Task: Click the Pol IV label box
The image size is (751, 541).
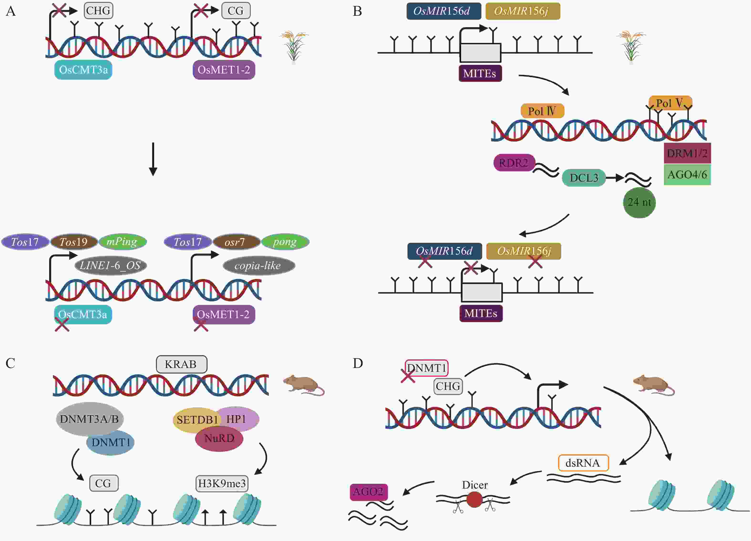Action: coord(542,111)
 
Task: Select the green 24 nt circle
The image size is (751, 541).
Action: coord(639,202)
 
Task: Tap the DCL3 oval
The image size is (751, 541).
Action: coord(584,178)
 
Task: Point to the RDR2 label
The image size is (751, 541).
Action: coord(514,163)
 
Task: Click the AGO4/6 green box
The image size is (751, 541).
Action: coord(687,174)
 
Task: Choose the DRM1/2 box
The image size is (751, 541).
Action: coord(687,153)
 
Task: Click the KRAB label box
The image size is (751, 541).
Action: coord(181,364)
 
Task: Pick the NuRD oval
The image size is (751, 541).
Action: coord(219,439)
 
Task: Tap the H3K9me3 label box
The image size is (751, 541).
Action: coord(222,483)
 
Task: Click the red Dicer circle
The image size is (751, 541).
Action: coord(474,499)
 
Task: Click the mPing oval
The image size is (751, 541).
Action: coord(122,242)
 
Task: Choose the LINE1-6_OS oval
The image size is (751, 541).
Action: coord(110,265)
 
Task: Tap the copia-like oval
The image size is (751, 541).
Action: coord(259,265)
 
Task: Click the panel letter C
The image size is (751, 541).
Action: coord(10,363)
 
